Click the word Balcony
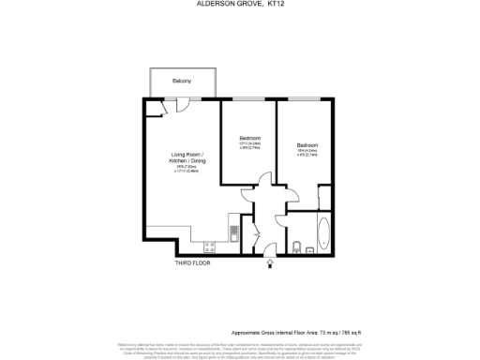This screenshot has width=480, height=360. click(182, 82)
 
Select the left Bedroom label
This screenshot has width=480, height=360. click(247, 136)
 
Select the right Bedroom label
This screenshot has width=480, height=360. click(307, 145)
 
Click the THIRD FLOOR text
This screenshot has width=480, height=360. click(193, 263)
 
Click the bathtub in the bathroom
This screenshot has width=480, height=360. click(323, 233)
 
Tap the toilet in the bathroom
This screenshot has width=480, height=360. click(296, 247)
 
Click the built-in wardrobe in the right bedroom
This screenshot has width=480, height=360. click(323, 197)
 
